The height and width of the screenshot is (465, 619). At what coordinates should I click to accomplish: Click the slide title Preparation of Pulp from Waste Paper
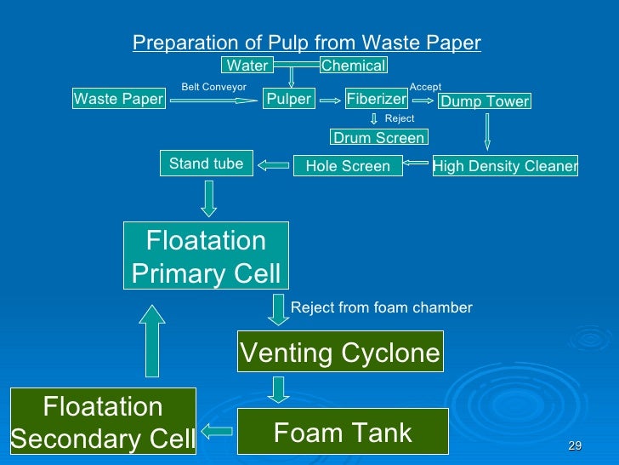[x=307, y=43]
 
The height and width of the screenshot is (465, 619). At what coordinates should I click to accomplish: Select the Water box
[x=247, y=66]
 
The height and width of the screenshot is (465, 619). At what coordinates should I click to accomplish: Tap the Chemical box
[x=353, y=66]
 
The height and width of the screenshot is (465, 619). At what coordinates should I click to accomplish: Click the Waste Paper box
[x=118, y=100]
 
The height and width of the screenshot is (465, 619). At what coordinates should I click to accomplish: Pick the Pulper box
[x=289, y=100]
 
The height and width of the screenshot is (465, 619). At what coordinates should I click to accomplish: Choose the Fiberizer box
[x=377, y=100]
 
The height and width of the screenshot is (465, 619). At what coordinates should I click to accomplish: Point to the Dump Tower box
[x=484, y=101]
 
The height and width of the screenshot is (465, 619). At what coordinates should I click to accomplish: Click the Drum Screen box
[x=378, y=137]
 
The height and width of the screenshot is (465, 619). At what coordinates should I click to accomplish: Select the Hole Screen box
[x=347, y=166]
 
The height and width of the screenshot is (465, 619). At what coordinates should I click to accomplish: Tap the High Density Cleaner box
[x=505, y=166]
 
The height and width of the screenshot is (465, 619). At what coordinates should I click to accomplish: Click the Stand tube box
[x=206, y=164]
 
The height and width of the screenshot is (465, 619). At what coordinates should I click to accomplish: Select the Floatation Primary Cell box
[x=206, y=256]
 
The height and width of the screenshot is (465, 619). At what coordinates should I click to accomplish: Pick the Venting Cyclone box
[x=340, y=353]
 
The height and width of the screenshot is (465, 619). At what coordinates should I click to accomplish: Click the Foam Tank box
[x=342, y=432]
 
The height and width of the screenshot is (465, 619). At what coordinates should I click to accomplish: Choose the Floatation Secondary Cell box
[x=103, y=422]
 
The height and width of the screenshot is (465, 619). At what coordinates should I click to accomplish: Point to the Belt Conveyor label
[x=213, y=87]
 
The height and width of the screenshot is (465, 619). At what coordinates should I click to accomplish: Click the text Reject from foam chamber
[x=381, y=307]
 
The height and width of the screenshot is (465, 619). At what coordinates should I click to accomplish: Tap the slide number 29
[x=575, y=447]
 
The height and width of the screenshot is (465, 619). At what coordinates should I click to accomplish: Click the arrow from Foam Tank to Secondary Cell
[x=216, y=431]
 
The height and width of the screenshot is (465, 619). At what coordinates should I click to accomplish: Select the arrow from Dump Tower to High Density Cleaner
[x=487, y=131]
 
